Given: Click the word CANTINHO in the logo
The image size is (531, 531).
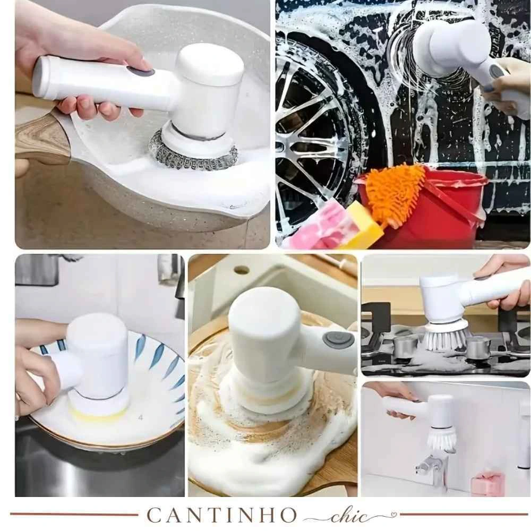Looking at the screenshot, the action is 221,515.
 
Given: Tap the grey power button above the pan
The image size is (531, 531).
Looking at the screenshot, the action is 141,72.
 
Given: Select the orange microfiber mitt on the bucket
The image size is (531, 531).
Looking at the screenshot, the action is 396,193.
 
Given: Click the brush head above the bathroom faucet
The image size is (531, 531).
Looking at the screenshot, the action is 441,439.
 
